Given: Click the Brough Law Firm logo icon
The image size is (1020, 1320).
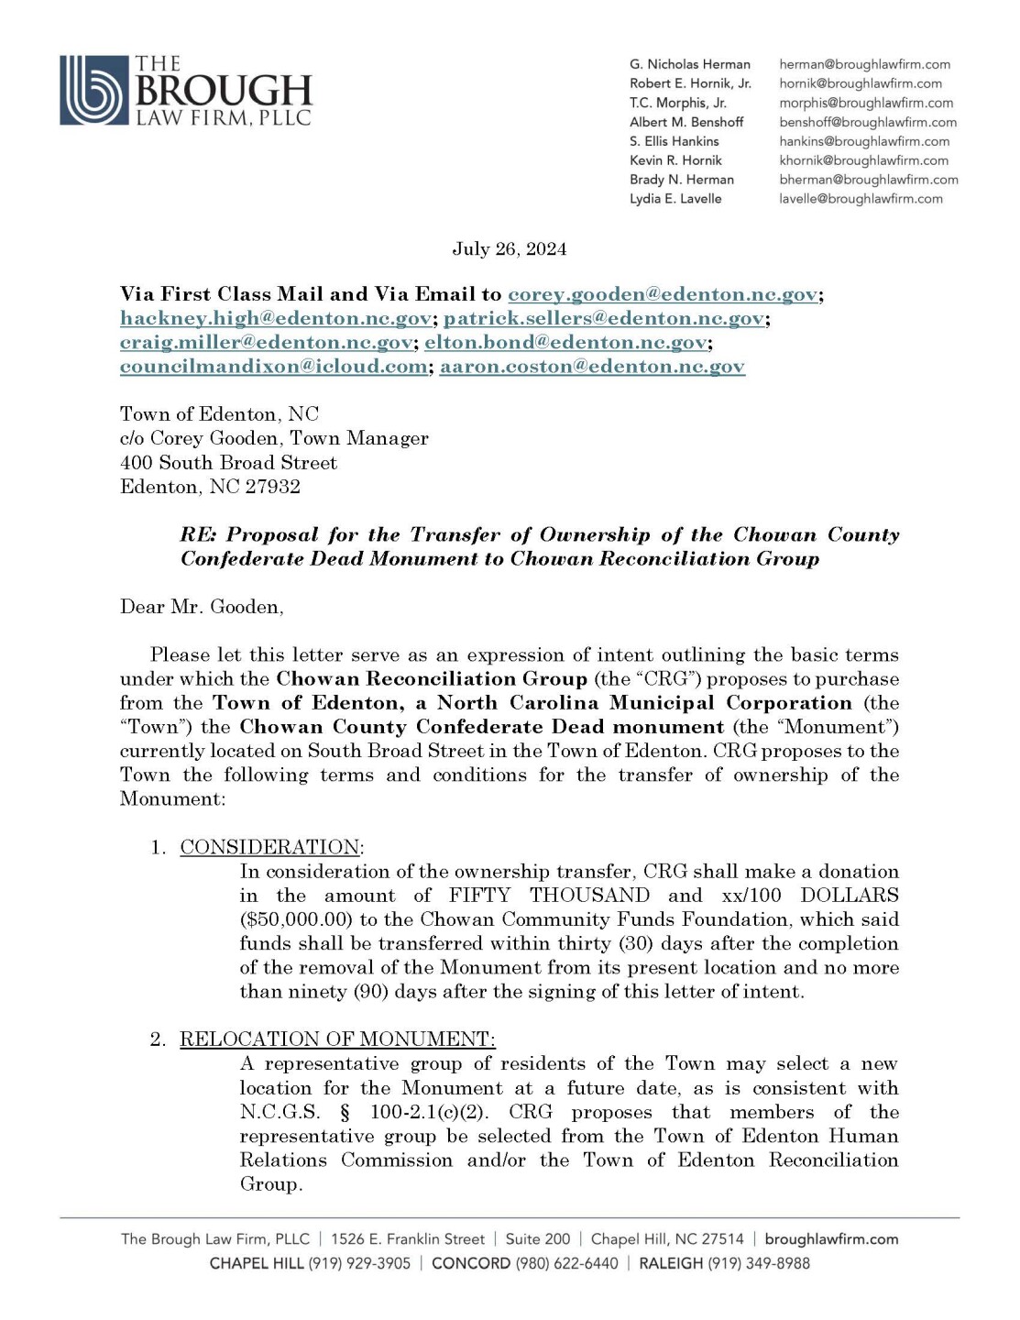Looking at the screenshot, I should coord(93,90).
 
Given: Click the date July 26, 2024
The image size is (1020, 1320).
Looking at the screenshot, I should coord(509,249).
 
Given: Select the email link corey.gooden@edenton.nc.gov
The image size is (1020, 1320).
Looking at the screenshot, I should coord(663,294).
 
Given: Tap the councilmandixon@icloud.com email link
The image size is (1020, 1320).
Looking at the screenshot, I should coord(273,367).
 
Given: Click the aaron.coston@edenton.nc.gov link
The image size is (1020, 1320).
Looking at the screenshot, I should coord(592,367).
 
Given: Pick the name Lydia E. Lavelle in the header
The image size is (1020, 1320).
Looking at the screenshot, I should coord(675,199).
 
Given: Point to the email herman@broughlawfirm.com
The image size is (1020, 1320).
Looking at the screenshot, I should coord(864,64).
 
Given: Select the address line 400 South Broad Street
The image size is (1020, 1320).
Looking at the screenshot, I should coord(228,463).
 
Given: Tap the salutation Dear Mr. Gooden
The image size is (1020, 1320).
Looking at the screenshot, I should coord(202,607).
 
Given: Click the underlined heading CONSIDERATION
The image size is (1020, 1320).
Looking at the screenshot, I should coord(269,847).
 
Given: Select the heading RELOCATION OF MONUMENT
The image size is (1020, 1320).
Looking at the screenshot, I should coord(337,1039).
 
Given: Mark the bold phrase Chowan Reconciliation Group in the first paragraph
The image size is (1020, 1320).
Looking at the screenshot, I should coord(432,679).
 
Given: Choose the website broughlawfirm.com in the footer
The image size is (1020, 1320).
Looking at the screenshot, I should coord(831,1239).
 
